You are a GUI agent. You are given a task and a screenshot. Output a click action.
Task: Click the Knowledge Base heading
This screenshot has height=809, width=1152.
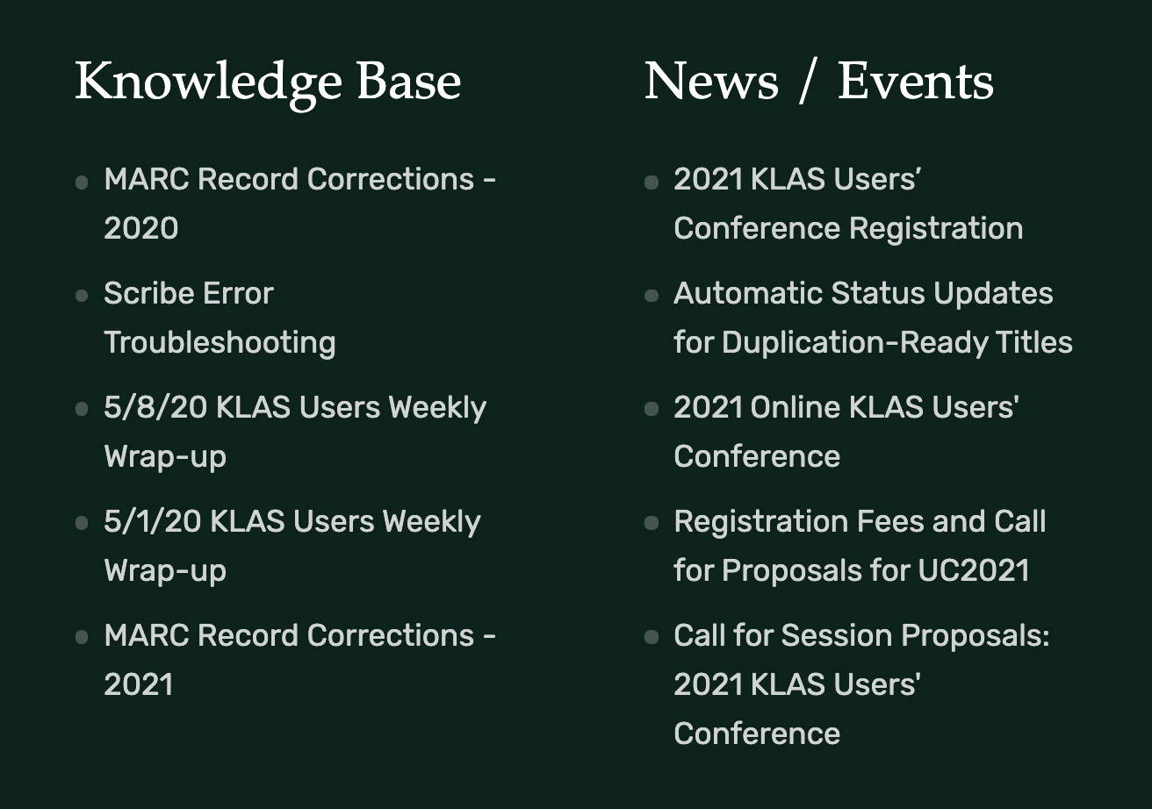click(268, 82)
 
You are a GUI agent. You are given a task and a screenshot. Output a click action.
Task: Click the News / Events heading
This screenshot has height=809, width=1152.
click(818, 82)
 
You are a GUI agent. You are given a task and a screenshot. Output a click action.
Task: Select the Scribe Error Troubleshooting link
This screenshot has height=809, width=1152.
click(189, 294)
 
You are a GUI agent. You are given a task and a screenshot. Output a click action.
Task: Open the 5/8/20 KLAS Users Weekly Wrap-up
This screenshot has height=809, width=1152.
click(294, 408)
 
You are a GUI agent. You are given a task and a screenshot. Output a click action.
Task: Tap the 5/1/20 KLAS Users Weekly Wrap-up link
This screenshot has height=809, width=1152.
click(292, 522)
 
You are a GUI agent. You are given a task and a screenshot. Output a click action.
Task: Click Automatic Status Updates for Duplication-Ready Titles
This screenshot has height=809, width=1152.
click(862, 294)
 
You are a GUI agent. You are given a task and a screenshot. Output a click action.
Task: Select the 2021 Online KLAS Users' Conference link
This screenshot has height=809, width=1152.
click(845, 408)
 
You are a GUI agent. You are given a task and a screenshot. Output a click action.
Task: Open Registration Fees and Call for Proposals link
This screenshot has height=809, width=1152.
click(859, 522)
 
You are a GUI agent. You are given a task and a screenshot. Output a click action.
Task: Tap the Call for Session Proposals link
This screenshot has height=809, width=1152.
click(860, 636)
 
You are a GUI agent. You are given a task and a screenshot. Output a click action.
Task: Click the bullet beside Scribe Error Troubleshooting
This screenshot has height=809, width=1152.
click(82, 296)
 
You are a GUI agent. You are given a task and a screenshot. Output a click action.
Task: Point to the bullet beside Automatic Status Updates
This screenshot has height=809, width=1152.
click(652, 296)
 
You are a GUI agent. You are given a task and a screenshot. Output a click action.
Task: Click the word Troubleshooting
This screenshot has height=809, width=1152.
click(220, 343)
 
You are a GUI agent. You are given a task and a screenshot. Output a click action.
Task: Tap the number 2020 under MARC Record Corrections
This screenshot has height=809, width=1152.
click(140, 229)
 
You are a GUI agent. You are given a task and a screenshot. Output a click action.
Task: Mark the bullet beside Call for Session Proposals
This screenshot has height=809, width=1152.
click(652, 638)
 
